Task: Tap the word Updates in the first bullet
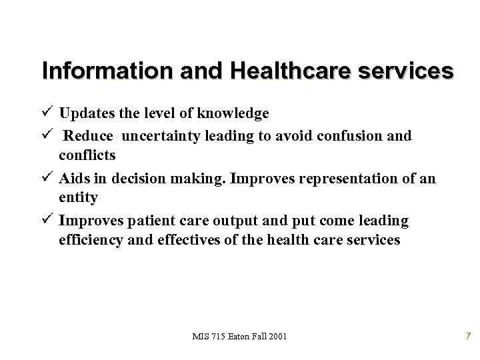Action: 83,113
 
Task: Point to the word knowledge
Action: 231,113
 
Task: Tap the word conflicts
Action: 87,155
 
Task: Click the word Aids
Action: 72,179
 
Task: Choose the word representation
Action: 338,179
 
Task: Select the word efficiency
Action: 91,239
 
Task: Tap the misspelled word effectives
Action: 185,239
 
